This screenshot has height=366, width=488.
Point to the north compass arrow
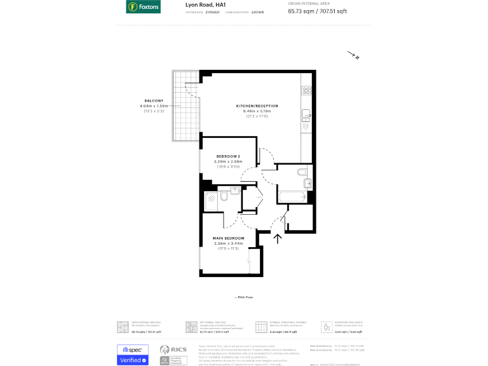(x=353, y=56)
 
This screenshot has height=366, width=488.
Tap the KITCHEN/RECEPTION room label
(x=257, y=105)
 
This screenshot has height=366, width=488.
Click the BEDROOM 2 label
(x=228, y=156)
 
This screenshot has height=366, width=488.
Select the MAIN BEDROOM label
(x=228, y=238)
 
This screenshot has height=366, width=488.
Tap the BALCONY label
(x=154, y=101)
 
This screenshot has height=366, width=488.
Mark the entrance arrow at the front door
(x=277, y=238)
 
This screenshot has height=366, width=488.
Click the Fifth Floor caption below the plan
(x=244, y=297)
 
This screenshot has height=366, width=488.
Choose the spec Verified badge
(x=133, y=355)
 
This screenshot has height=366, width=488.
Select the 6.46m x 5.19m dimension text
(x=257, y=111)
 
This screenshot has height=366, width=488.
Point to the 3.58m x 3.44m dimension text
(x=228, y=243)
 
